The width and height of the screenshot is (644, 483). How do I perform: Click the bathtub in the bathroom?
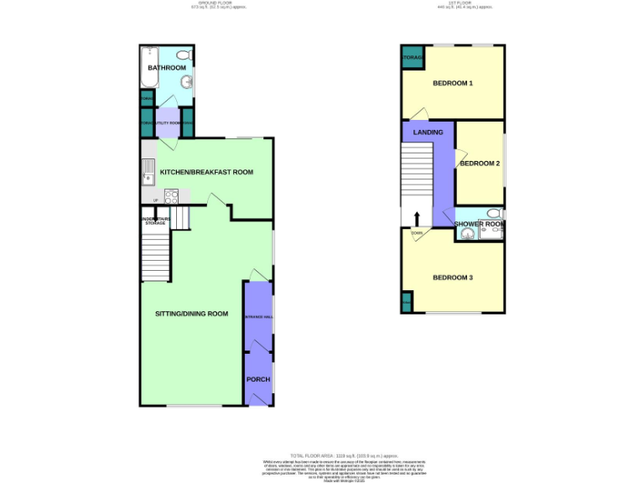pyautogui.click(x=149, y=67)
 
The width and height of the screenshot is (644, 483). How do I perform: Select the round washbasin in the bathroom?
pyautogui.click(x=187, y=82)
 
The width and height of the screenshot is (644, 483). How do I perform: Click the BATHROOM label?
pyautogui.click(x=167, y=68)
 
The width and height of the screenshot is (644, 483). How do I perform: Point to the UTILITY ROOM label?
pyautogui.click(x=168, y=123)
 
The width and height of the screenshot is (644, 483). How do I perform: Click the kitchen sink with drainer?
pyautogui.click(x=147, y=172)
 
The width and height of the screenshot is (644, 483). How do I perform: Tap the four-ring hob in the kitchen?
pyautogui.click(x=172, y=198)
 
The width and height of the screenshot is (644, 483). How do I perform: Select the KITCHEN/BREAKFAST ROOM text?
pyautogui.click(x=206, y=172)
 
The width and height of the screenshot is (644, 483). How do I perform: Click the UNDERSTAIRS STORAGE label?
pyautogui.click(x=155, y=221)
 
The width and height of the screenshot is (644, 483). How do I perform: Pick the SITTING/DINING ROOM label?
pyautogui.click(x=191, y=314)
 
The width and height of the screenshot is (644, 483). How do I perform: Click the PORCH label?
pyautogui.click(x=257, y=379)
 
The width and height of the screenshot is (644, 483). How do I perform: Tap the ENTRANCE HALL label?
pyautogui.click(x=258, y=317)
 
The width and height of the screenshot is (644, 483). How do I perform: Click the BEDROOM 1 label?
pyautogui.click(x=453, y=83)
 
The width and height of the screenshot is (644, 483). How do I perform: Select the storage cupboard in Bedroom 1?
pyautogui.click(x=413, y=58)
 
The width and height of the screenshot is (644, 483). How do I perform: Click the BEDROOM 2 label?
pyautogui.click(x=480, y=163)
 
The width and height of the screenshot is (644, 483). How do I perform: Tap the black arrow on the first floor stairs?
pyautogui.click(x=417, y=219)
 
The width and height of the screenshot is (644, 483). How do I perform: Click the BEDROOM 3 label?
pyautogui.click(x=453, y=278)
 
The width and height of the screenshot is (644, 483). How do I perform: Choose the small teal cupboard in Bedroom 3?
pyautogui.click(x=407, y=302)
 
